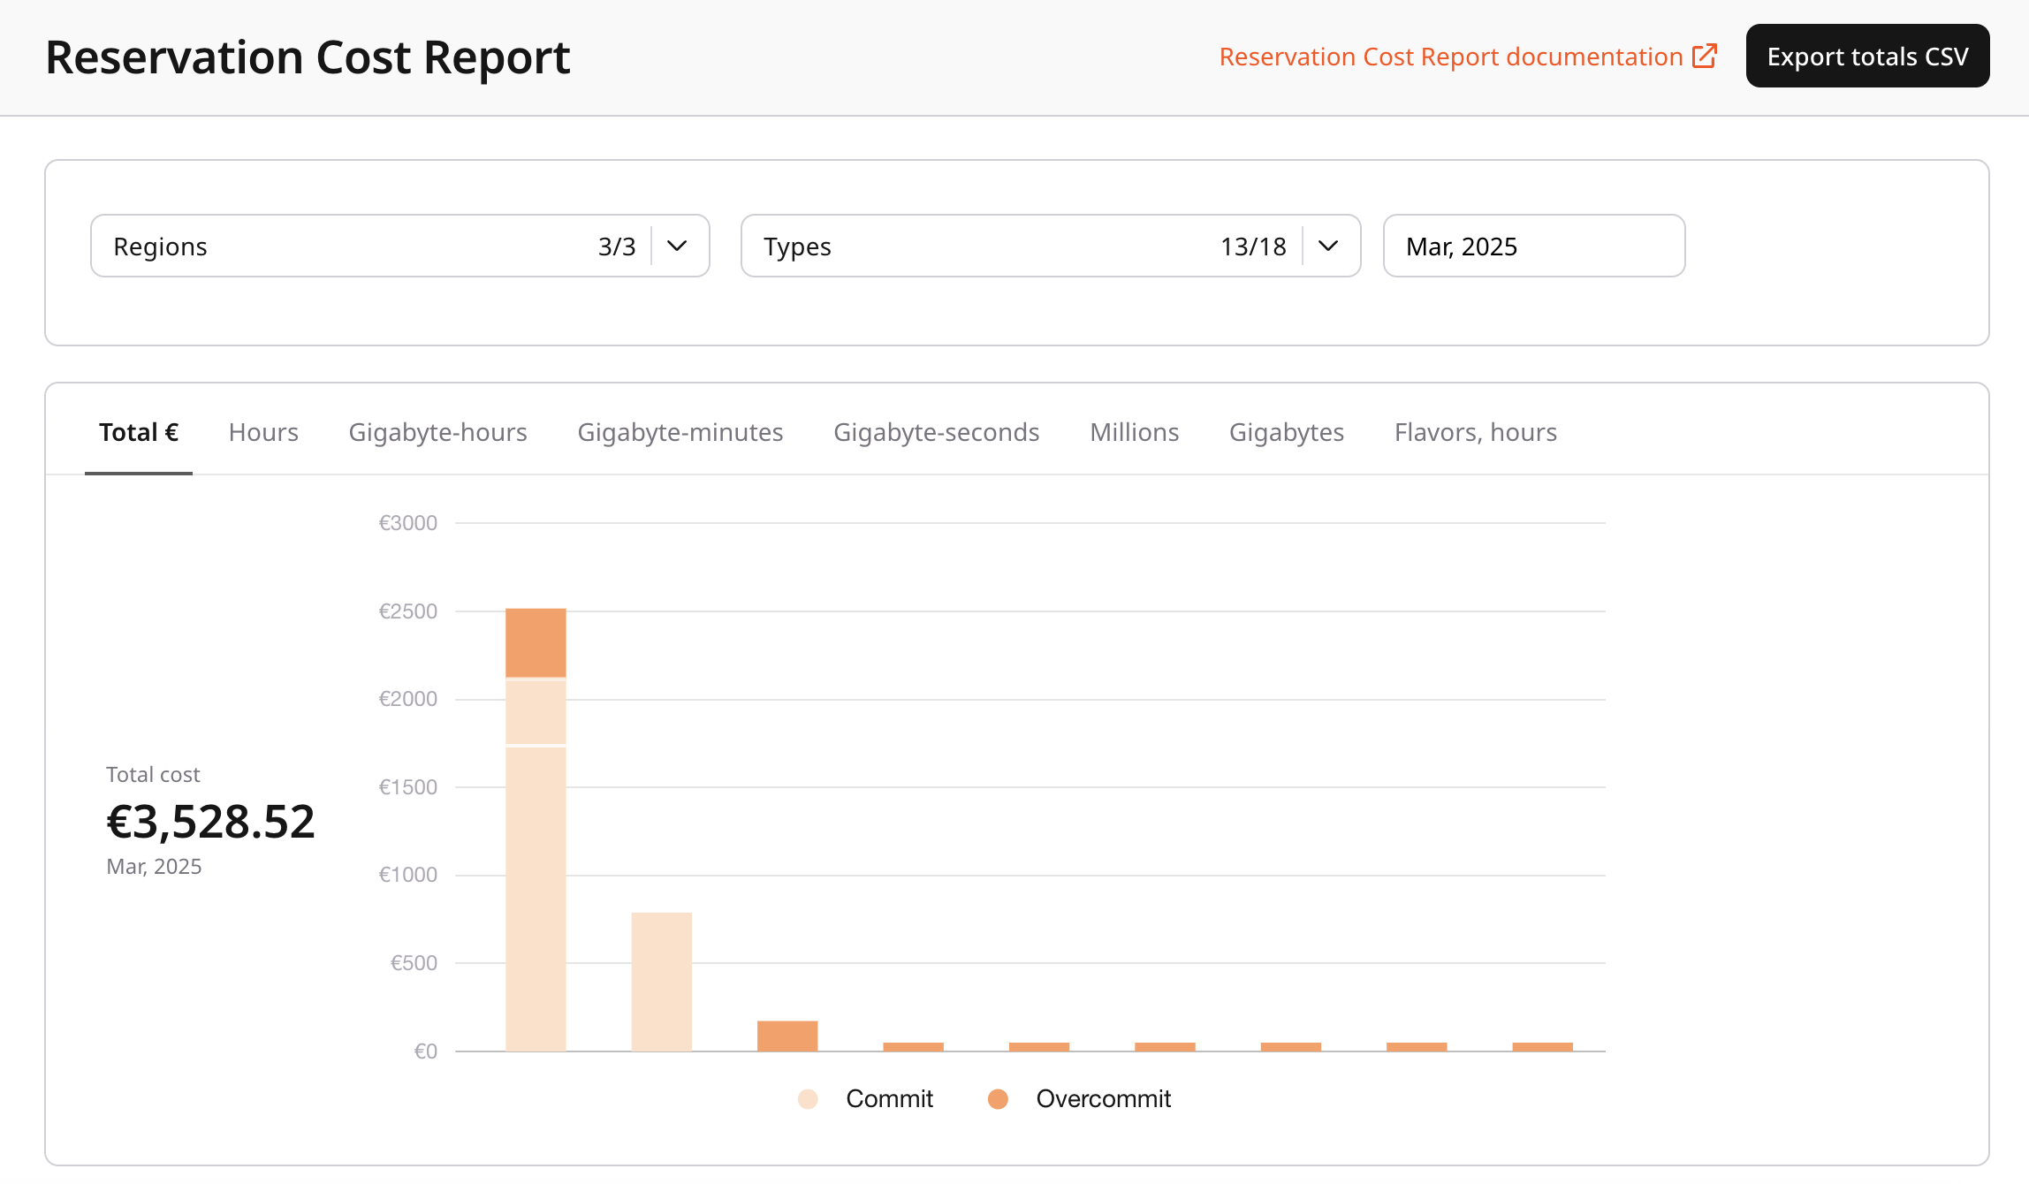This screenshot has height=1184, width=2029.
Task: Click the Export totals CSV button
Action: point(1867,56)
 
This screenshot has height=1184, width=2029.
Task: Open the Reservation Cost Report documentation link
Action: point(1467,57)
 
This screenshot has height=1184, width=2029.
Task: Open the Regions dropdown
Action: point(399,246)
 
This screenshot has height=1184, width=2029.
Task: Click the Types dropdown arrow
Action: point(1327,246)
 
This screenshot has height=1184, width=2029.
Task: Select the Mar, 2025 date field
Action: point(1533,246)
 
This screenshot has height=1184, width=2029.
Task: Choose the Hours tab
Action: point(263,432)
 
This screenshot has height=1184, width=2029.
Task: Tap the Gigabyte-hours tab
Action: point(437,432)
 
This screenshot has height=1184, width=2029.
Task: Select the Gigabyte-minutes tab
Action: point(680,432)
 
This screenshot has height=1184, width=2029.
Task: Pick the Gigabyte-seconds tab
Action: point(936,432)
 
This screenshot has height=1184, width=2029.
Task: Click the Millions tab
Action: point(1134,432)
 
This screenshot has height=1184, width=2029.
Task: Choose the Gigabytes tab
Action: point(1286,432)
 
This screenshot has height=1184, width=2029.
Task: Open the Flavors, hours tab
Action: point(1475,432)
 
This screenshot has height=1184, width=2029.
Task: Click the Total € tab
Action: point(139,432)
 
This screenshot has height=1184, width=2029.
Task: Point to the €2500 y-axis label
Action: point(407,611)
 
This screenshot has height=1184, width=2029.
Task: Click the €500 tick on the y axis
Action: point(414,963)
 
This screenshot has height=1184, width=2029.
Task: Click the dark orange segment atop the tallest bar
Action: point(536,642)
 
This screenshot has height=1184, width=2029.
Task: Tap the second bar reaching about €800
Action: point(661,981)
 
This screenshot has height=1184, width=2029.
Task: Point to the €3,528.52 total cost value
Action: point(210,822)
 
